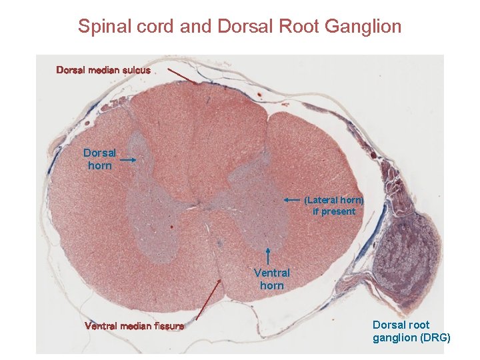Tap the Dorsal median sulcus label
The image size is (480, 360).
point(103,69)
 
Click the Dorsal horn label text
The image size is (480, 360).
point(99,159)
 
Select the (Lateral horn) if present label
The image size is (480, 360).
point(334,205)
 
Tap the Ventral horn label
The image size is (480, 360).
point(271,279)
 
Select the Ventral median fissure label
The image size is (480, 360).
point(134,326)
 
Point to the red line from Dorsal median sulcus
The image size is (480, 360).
point(181,75)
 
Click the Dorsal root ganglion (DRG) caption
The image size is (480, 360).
point(411,331)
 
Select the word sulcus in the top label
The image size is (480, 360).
point(136,69)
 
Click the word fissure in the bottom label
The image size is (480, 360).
point(167,326)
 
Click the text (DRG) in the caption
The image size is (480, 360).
point(435,337)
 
